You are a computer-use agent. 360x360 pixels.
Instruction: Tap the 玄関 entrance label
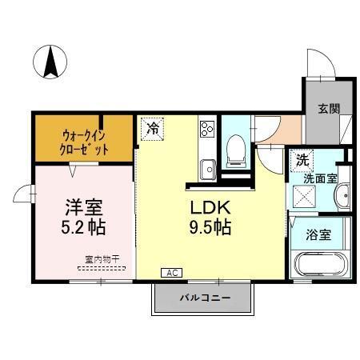click(x=326, y=110)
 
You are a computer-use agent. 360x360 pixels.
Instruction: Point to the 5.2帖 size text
click(x=84, y=228)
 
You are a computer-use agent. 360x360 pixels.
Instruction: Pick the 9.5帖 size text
click(x=210, y=228)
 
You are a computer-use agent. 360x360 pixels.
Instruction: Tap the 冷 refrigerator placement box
click(x=152, y=128)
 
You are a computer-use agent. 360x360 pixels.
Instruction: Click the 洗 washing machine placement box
click(x=301, y=159)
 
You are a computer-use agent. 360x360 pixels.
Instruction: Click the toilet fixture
click(x=236, y=149)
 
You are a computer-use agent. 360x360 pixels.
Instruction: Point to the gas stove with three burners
click(x=206, y=129)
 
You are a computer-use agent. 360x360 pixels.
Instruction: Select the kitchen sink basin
click(x=206, y=168)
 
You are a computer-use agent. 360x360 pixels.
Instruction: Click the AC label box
click(x=170, y=272)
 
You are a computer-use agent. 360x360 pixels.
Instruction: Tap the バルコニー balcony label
click(x=204, y=298)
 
